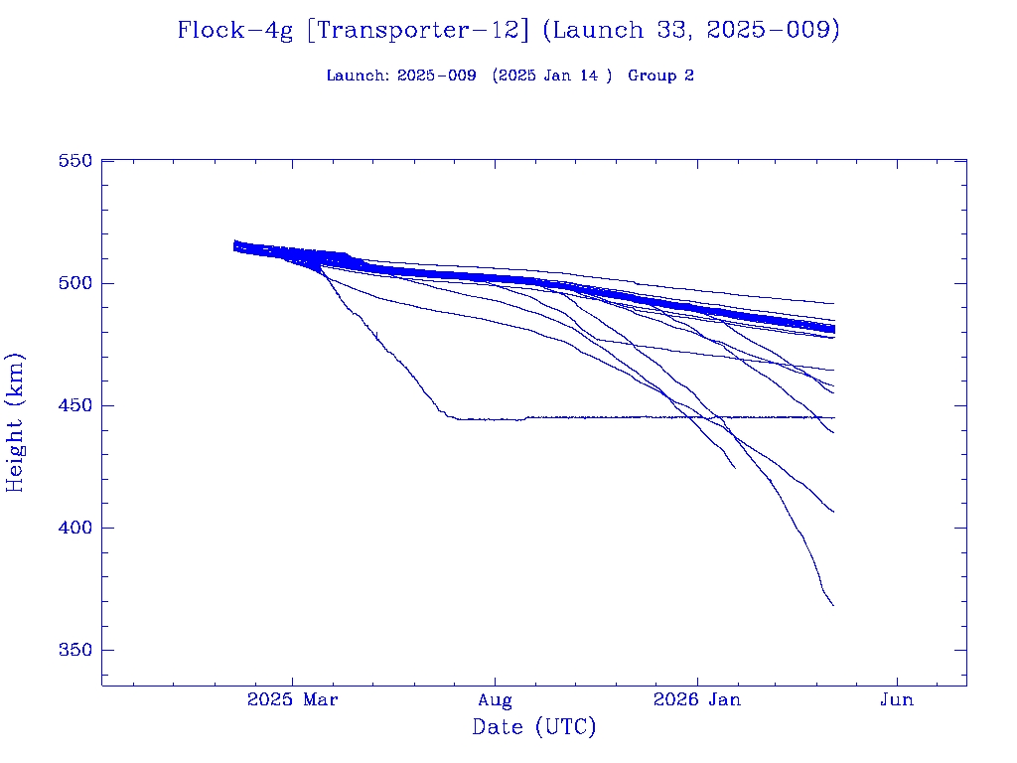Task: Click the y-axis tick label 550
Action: pos(75,161)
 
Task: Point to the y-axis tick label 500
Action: pos(75,283)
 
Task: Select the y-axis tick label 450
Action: pos(75,405)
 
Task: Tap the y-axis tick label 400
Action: pos(75,528)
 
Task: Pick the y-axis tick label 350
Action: pos(75,650)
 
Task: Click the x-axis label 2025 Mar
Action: pos(292,700)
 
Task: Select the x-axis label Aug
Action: pos(495,700)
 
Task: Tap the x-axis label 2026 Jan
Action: pos(696,700)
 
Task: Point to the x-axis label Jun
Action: pos(898,700)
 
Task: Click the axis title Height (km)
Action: pos(16,422)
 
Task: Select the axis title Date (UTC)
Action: pos(533,728)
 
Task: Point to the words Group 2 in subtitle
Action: pos(660,76)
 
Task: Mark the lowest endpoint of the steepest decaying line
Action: pos(833,605)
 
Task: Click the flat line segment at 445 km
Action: pos(646,417)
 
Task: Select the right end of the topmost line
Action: pos(833,303)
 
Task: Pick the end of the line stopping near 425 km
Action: pos(735,467)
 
